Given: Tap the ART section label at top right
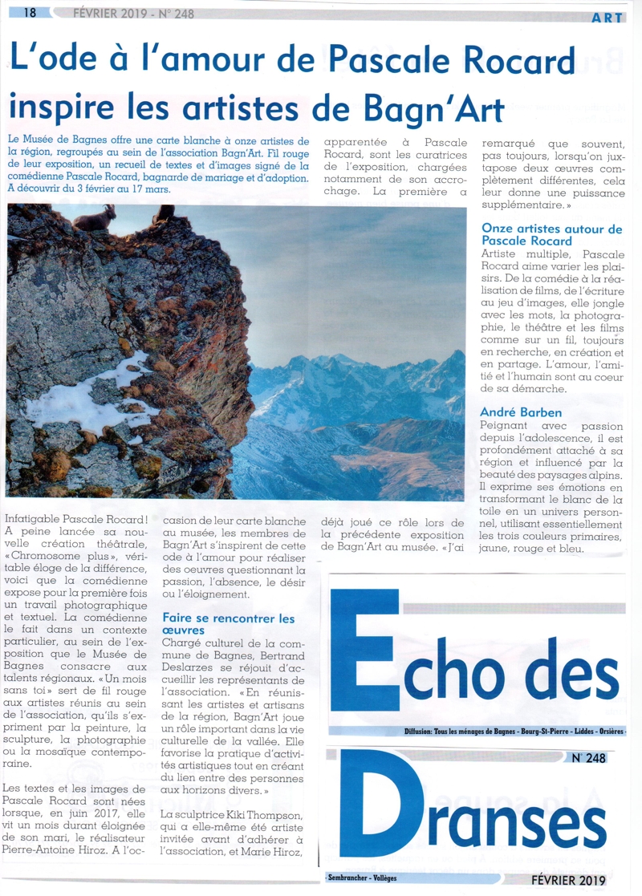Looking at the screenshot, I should pyautogui.click(x=607, y=18).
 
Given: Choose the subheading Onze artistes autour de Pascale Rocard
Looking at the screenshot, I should pyautogui.click(x=551, y=234).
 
